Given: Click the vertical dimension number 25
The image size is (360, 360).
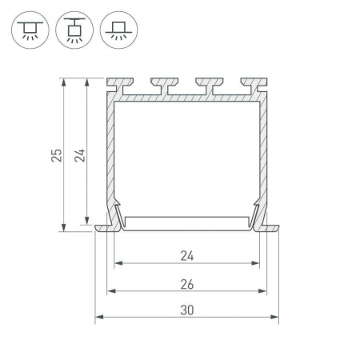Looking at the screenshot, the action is (57, 155).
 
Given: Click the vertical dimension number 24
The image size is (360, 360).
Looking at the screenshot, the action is (80, 155).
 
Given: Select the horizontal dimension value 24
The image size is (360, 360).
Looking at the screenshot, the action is (187, 256).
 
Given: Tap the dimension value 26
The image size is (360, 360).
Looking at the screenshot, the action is (187, 285).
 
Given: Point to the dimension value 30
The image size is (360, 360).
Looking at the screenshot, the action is (187, 310).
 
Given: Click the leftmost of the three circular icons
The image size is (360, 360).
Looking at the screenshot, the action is (30, 30).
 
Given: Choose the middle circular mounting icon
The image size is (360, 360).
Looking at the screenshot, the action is (74, 30).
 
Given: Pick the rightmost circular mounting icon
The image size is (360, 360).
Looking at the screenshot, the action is (119, 30).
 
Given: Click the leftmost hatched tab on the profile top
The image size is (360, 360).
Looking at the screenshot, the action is (120, 82).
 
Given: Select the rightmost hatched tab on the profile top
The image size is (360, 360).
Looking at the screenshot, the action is (254, 82).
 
